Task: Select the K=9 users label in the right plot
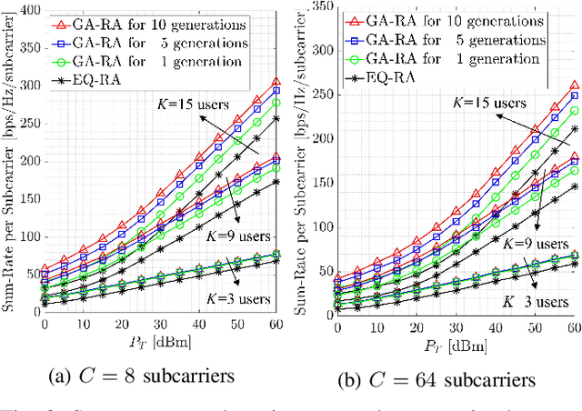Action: coord(535,245)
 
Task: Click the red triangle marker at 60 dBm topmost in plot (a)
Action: coord(276,82)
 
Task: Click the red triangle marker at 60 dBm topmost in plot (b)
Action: coord(573,85)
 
